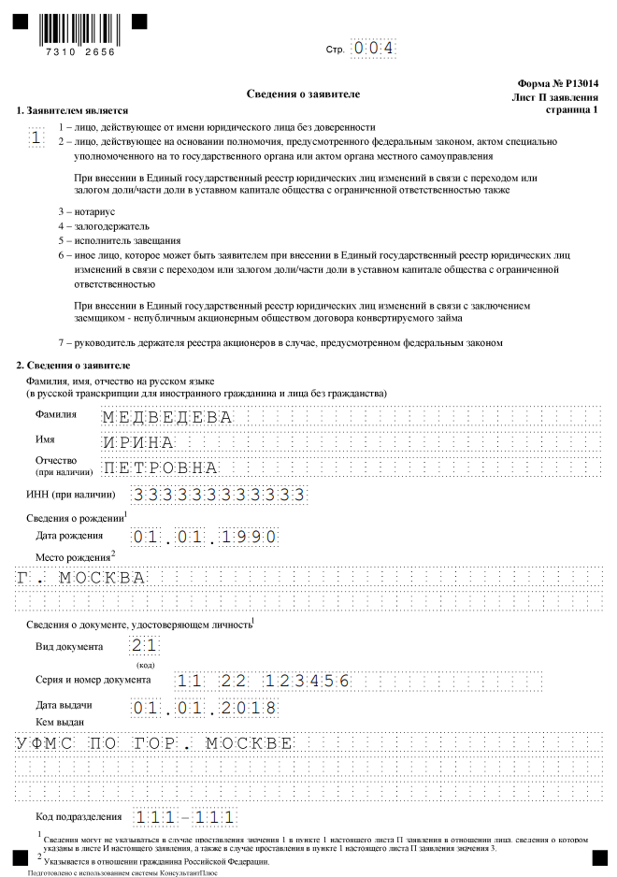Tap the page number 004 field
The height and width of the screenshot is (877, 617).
373,48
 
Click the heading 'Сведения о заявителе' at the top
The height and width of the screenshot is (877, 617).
303,94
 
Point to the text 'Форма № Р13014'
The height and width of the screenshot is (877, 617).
557,83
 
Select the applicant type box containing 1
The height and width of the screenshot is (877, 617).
36,138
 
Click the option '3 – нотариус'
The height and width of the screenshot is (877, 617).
85,211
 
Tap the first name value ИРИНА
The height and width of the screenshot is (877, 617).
138,442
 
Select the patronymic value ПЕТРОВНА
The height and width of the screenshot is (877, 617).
160,467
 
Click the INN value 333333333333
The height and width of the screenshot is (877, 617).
219,494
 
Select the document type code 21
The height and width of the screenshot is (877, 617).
145,645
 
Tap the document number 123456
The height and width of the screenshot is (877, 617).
307,681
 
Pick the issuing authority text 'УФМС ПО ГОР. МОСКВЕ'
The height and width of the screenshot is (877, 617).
154,743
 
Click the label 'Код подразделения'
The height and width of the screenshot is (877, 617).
79,816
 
